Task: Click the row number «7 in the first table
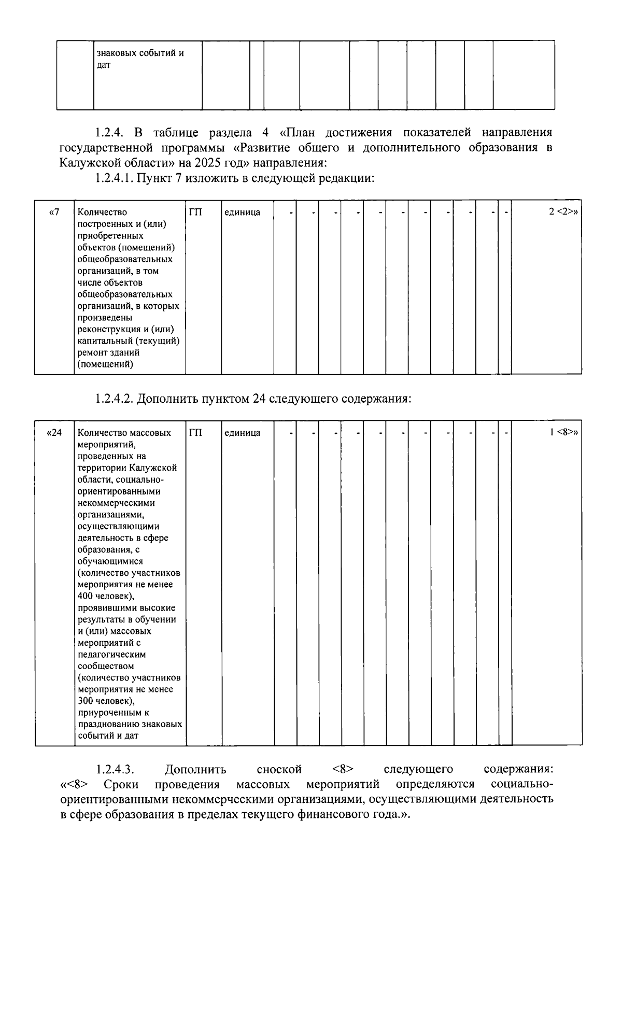coord(54,212)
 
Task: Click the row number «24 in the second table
coord(54,432)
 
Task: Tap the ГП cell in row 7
coord(195,212)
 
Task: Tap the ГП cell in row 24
coord(195,432)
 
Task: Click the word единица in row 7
coord(242,212)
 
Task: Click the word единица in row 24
coord(242,432)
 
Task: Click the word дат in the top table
coord(104,65)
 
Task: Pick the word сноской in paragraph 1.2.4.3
coord(279,769)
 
